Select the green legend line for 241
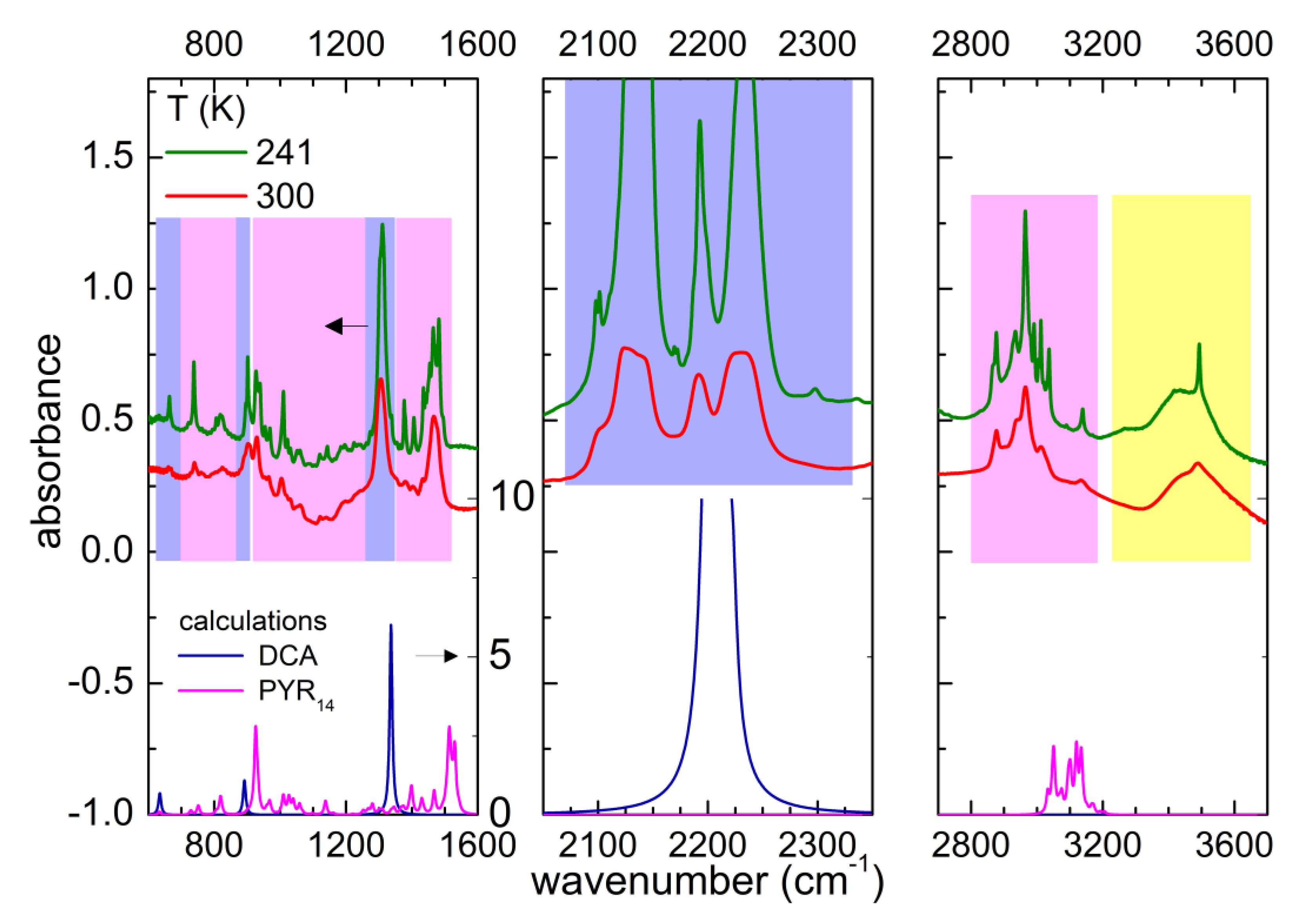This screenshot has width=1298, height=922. pyautogui.click(x=205, y=152)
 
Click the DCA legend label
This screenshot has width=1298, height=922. pyautogui.click(x=288, y=656)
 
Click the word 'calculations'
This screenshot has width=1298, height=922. pyautogui.click(x=252, y=622)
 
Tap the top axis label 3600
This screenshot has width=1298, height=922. pyautogui.click(x=1233, y=44)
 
